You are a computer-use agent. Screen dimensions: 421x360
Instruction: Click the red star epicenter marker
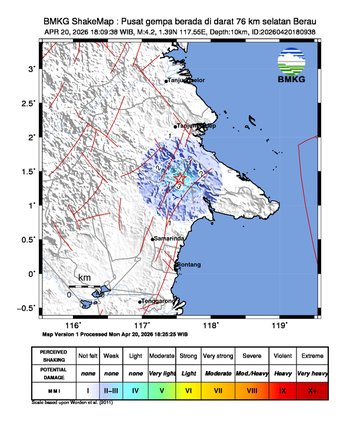(x=180, y=178)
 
